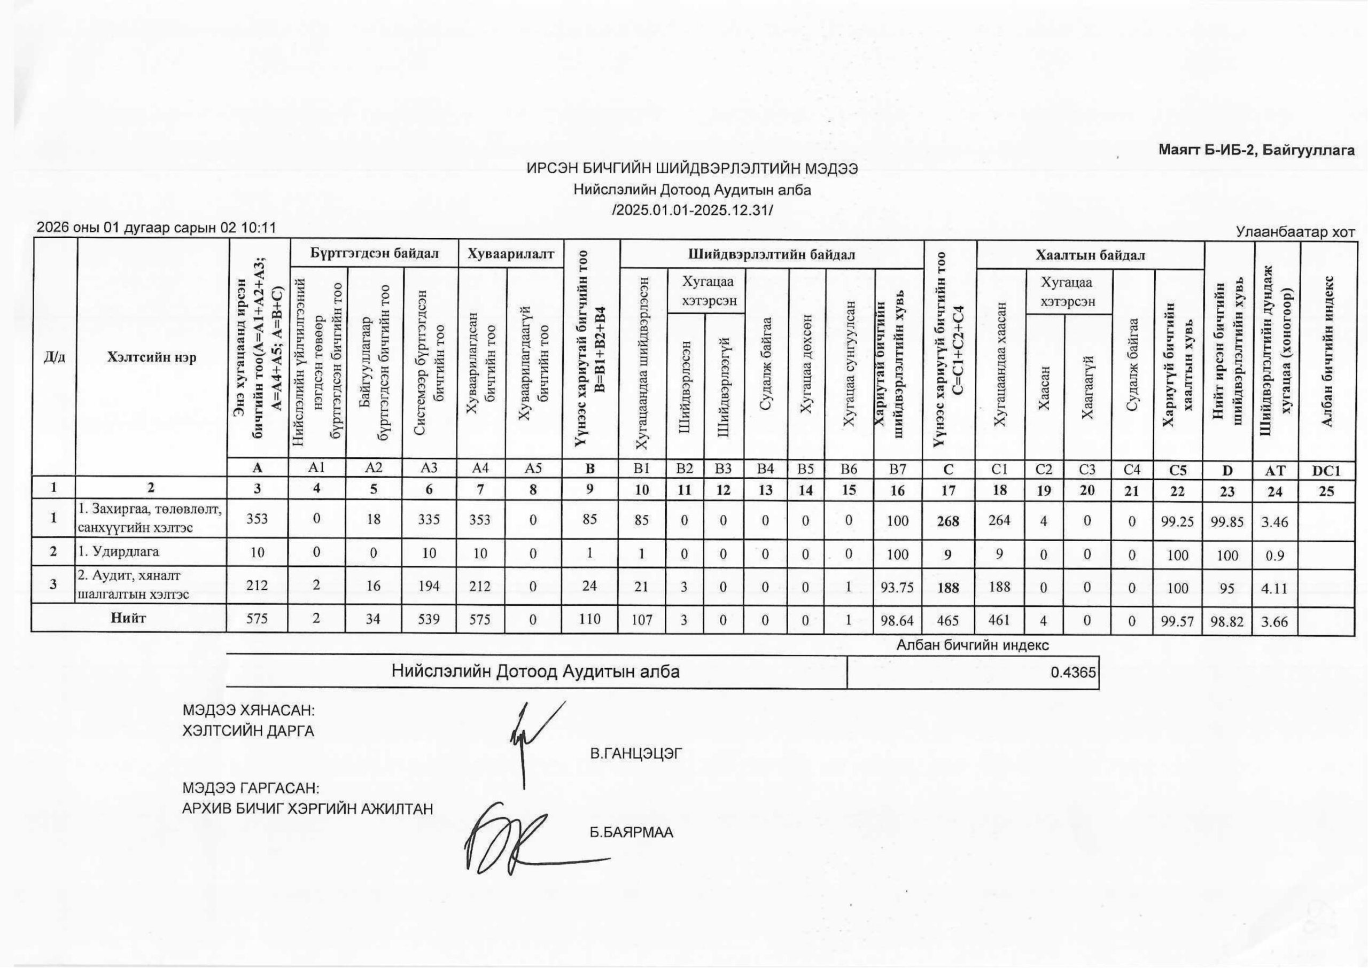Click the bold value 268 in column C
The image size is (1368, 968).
click(x=948, y=521)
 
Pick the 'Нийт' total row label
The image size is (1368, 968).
click(x=129, y=618)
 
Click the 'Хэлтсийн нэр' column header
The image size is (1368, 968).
click(x=151, y=357)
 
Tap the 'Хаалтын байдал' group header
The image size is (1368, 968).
click(x=1090, y=255)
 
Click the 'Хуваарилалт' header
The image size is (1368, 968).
click(x=511, y=254)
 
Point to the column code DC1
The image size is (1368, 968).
click(x=1326, y=471)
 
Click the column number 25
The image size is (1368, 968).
click(x=1326, y=491)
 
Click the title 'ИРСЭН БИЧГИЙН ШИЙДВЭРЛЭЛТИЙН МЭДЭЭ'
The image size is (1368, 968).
click(x=692, y=169)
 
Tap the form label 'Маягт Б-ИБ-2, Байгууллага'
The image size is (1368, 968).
click(x=1256, y=150)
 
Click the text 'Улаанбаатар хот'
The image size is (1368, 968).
click(x=1295, y=231)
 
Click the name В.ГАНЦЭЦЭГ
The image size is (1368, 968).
click(x=636, y=754)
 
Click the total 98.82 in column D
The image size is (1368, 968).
click(x=1227, y=622)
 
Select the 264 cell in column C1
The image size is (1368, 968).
click(x=999, y=520)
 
